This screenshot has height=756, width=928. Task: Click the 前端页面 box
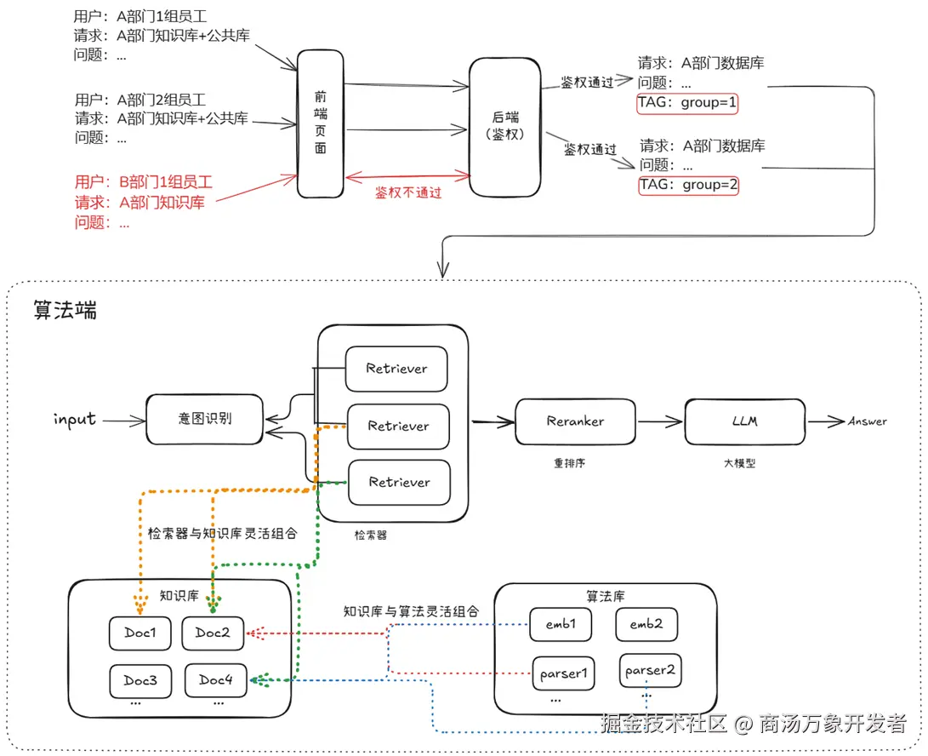pyautogui.click(x=320, y=123)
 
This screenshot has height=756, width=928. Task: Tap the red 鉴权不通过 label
pyautogui.click(x=408, y=192)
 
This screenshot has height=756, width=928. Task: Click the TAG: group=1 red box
pyautogui.click(x=687, y=104)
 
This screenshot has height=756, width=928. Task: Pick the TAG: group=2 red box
pyautogui.click(x=688, y=185)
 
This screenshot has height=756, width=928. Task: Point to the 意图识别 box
pyautogui.click(x=205, y=419)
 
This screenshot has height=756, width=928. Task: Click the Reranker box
pyautogui.click(x=575, y=421)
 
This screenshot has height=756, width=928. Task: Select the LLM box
pyautogui.click(x=744, y=421)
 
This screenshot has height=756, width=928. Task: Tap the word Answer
pyautogui.click(x=867, y=421)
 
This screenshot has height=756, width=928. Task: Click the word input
pyautogui.click(x=75, y=419)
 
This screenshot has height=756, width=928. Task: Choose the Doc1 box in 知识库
pyautogui.click(x=140, y=633)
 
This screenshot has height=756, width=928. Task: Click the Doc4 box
pyautogui.click(x=215, y=679)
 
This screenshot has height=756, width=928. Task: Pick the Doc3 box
pyautogui.click(x=140, y=680)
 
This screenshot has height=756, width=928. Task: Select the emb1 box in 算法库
pyautogui.click(x=561, y=624)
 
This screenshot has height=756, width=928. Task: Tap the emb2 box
pyautogui.click(x=646, y=624)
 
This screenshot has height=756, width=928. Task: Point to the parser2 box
pyautogui.click(x=650, y=670)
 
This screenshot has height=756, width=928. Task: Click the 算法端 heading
pyautogui.click(x=65, y=310)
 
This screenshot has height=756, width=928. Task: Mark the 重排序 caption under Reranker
pyautogui.click(x=571, y=463)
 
